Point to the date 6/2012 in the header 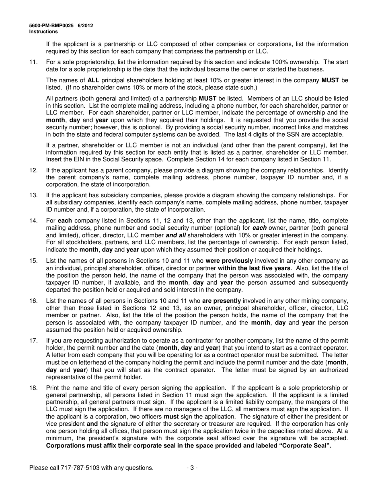[x=86, y=25]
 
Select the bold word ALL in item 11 [x=94, y=80]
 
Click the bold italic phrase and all [x=177, y=235]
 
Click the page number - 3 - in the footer [x=192, y=467]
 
